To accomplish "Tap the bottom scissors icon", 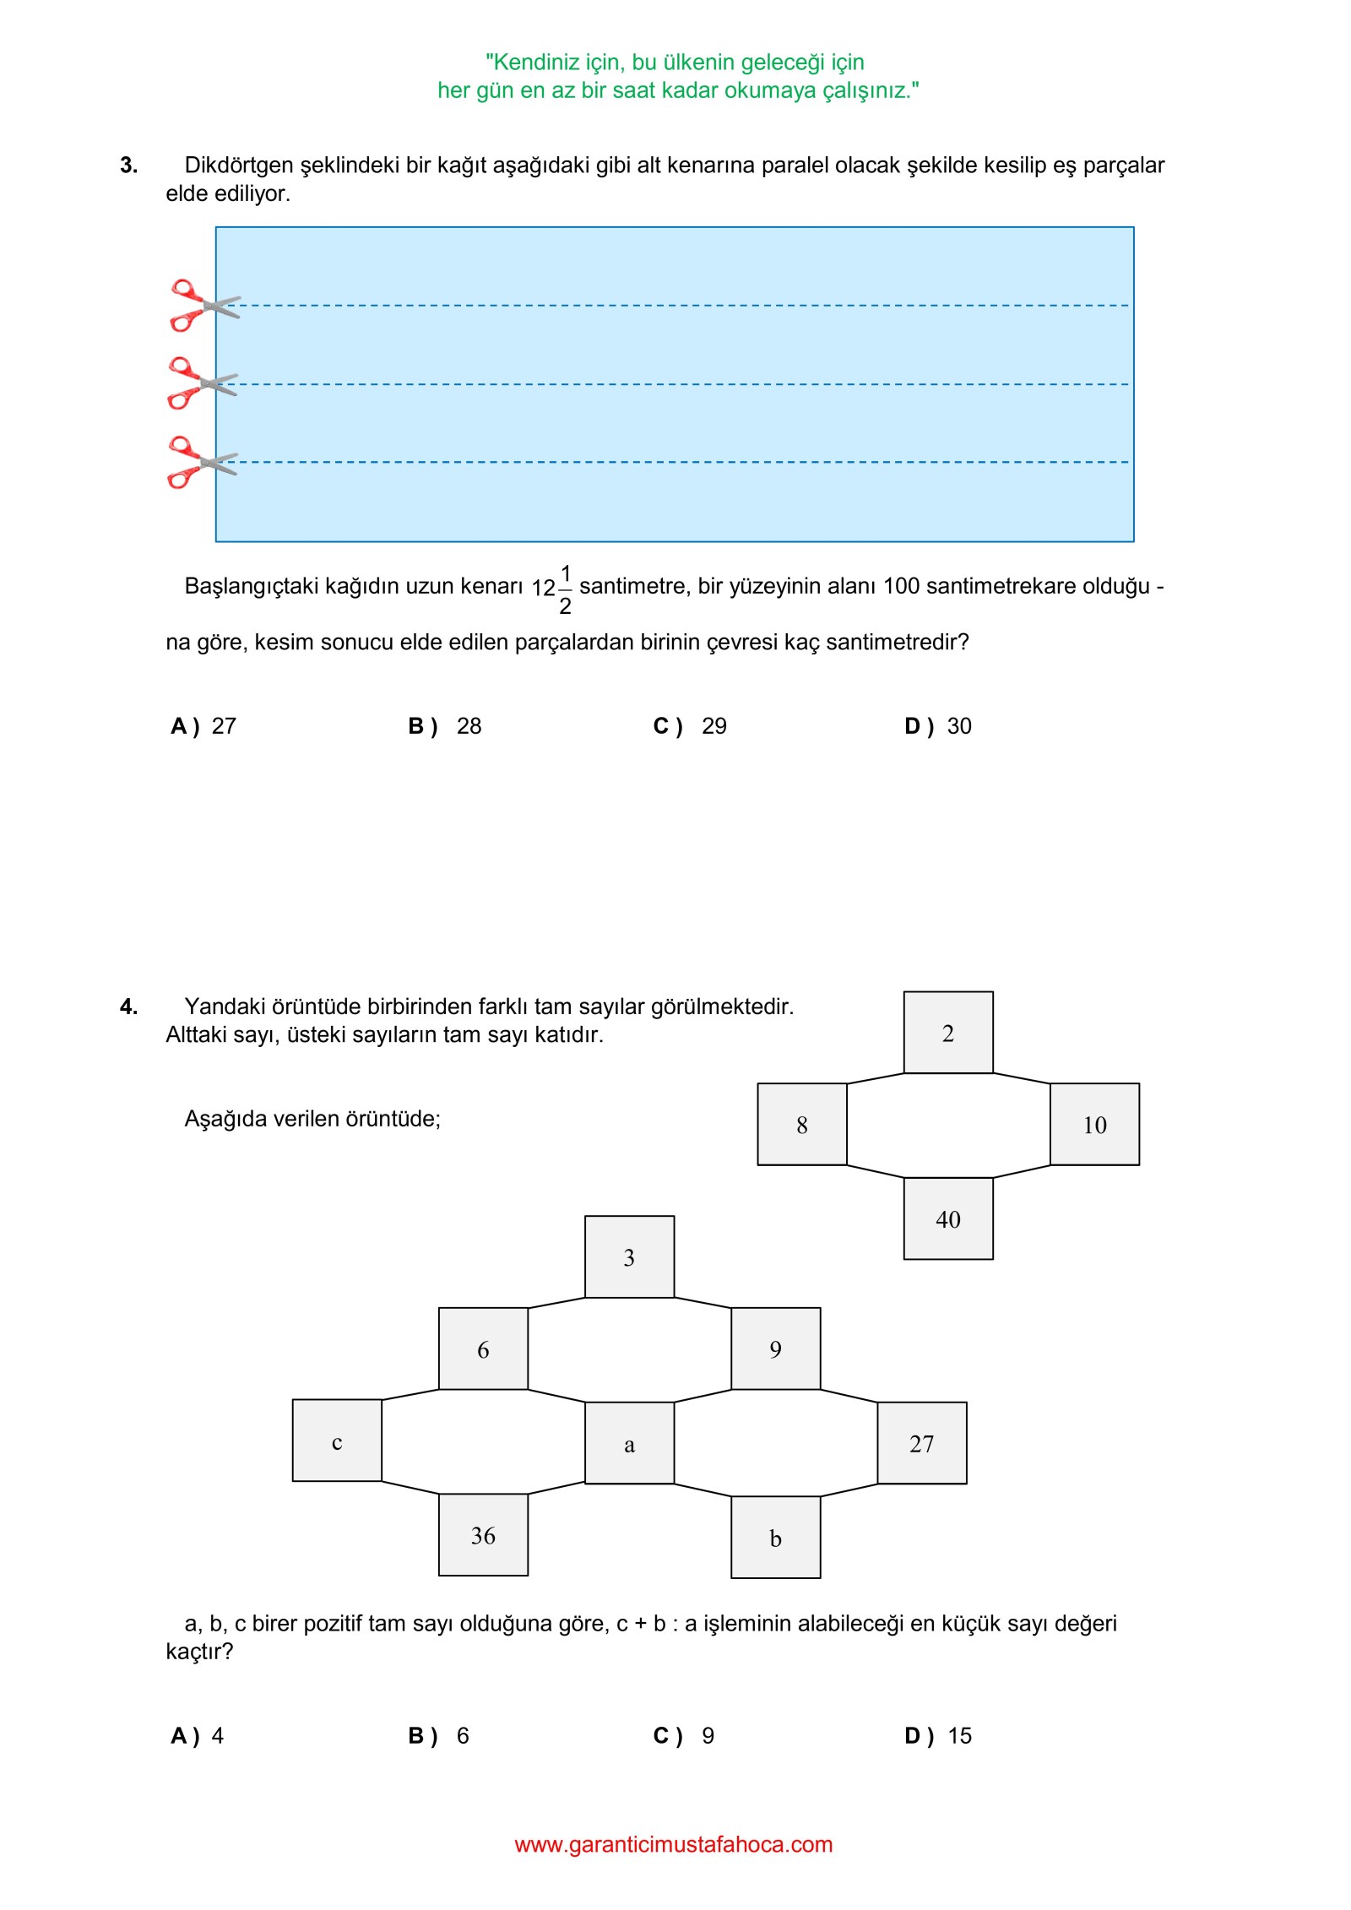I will point(202,462).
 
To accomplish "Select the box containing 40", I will point(947,1218).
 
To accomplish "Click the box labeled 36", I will point(483,1534).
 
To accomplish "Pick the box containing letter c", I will point(337,1441).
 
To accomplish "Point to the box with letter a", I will point(629,1443).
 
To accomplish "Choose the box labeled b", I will point(775,1537).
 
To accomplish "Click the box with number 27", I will point(921,1443).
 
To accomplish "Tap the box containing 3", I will point(629,1256).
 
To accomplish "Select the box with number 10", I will point(1094,1124).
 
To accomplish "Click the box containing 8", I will point(801,1124).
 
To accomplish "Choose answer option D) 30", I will point(937,726).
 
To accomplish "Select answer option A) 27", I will point(203,726).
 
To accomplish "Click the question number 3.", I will point(128,165).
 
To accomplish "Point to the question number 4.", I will point(128,1007).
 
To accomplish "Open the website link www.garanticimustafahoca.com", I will point(674,1844).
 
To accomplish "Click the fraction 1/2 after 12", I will point(565,590).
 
